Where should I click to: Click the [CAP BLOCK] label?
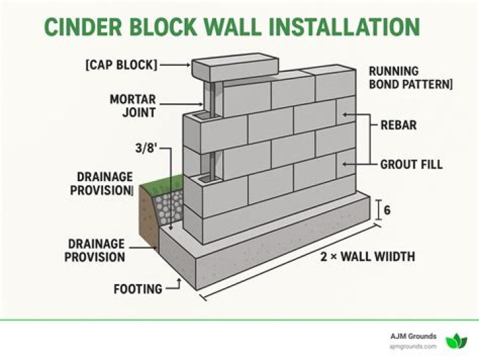(x=122, y=65)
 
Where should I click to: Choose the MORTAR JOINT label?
(x=134, y=106)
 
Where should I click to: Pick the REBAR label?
(x=399, y=124)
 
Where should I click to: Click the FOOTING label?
(x=138, y=289)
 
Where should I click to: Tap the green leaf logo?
(x=456, y=341)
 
